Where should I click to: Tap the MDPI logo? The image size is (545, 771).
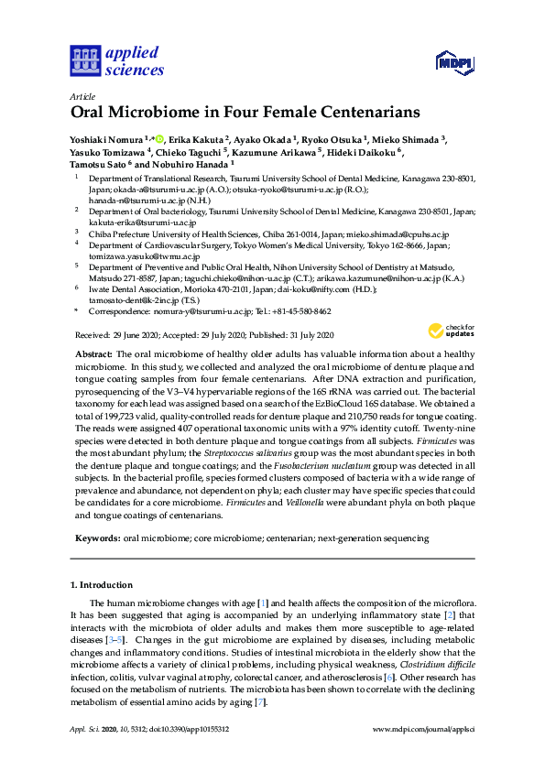tap(454, 64)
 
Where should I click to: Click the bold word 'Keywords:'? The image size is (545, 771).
tap(97, 539)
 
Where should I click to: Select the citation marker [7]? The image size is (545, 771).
tap(260, 699)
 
